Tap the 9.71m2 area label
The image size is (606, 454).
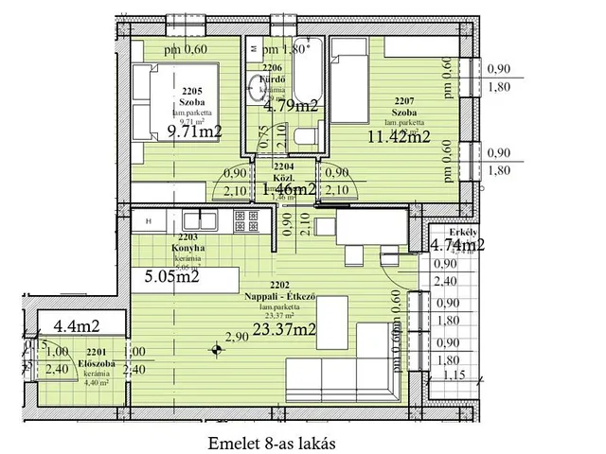[194, 131]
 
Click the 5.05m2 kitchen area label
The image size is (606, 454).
[171, 277]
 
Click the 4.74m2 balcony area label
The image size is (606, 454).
[457, 245]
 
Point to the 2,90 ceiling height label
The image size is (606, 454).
[236, 336]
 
